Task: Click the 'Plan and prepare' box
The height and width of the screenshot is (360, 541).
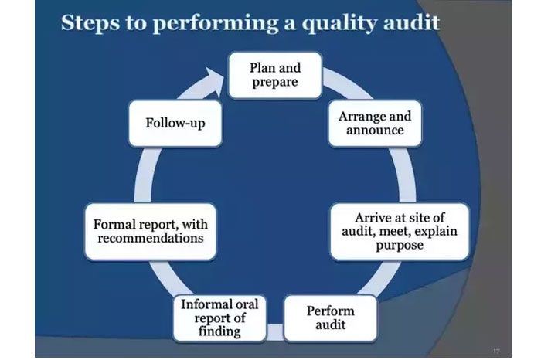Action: pyautogui.click(x=274, y=74)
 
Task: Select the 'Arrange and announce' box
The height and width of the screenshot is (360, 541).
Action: pyautogui.click(x=375, y=124)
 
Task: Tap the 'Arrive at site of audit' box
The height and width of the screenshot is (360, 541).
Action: pyautogui.click(x=400, y=230)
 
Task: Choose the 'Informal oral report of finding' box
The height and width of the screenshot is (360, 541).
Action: pyautogui.click(x=219, y=318)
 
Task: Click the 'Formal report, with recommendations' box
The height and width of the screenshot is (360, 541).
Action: pyautogui.click(x=150, y=230)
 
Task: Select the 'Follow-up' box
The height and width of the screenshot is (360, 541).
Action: pyautogui.click(x=175, y=123)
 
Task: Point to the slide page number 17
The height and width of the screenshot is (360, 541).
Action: pyautogui.click(x=495, y=350)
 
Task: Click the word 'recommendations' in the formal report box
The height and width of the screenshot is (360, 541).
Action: pyautogui.click(x=150, y=238)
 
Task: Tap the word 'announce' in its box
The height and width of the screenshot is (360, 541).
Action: pyautogui.click(x=375, y=131)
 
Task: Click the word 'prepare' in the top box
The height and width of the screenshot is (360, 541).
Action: pyautogui.click(x=274, y=82)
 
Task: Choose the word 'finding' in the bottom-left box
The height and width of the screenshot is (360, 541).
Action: pyautogui.click(x=219, y=331)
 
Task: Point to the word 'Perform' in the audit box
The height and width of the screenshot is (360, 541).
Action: pyautogui.click(x=330, y=311)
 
